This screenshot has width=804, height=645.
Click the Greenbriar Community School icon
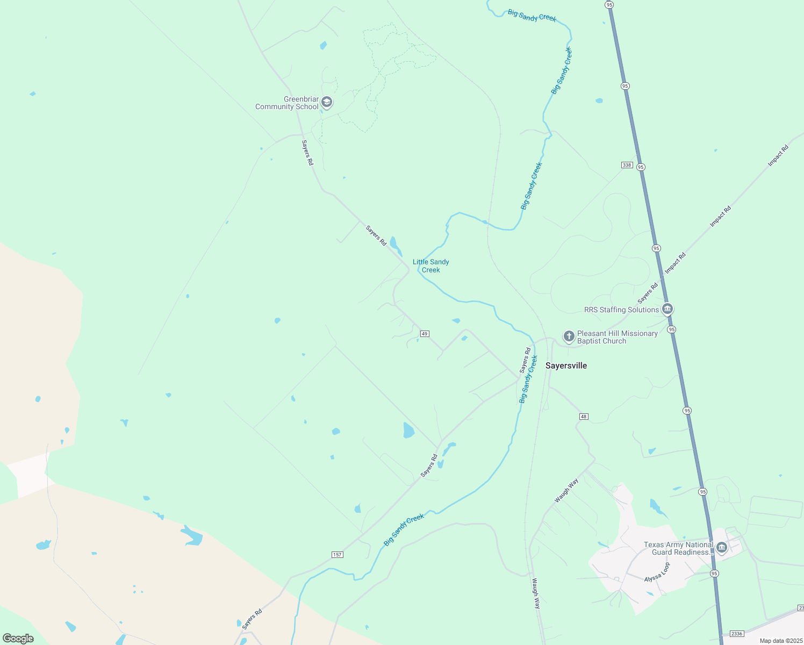point(326,103)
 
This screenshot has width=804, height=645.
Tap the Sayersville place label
point(566,365)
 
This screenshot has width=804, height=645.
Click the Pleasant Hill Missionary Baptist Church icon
point(569,337)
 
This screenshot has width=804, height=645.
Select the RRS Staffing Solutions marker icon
point(667,310)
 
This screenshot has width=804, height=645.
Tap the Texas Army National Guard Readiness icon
point(722,548)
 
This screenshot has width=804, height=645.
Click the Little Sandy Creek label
point(431,266)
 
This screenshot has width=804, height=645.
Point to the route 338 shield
point(627,165)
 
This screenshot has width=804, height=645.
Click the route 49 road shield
point(425,334)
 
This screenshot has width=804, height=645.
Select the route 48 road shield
point(584,417)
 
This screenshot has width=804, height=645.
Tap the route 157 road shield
point(337,555)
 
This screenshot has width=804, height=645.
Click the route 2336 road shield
point(737,634)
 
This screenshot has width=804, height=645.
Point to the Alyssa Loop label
point(658,573)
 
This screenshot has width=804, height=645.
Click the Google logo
point(18,639)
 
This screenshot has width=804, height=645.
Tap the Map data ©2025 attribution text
point(780,641)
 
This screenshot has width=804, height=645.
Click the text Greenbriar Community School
point(287,103)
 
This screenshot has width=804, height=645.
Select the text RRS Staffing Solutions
point(621,310)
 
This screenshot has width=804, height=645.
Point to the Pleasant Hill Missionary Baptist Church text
point(617,337)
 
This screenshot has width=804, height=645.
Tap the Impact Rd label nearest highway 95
point(675,263)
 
